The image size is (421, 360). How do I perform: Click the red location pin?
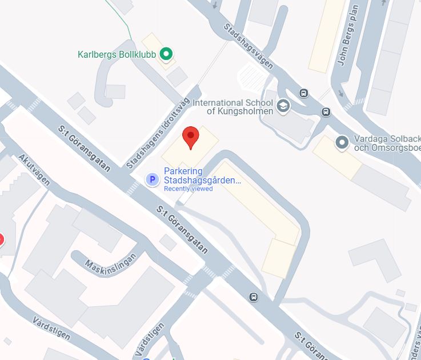pyautogui.click(x=190, y=138)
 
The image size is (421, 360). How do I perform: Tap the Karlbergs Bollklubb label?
pyautogui.click(x=117, y=55)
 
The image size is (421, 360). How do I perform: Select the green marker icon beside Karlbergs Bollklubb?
pyautogui.click(x=166, y=54)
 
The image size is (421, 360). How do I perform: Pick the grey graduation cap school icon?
pyautogui.click(x=283, y=106)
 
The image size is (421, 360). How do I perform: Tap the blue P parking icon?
pyautogui.click(x=153, y=180)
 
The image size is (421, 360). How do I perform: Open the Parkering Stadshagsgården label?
pyautogui.click(x=202, y=176)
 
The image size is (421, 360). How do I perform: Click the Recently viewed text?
pyautogui.click(x=188, y=189)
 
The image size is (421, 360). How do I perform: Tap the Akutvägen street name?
pyautogui.click(x=34, y=170)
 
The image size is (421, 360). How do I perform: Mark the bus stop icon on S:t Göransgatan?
pyautogui.click(x=254, y=297)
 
